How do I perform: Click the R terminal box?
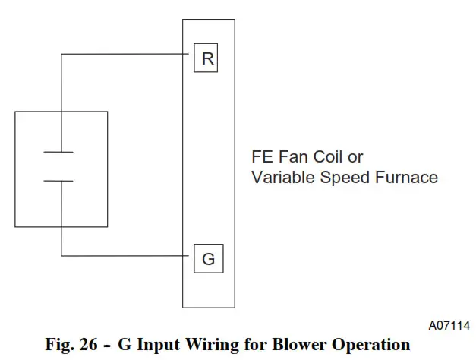tap(207, 59)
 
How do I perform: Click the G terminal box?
tap(207, 259)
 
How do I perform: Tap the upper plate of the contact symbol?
tap(58, 152)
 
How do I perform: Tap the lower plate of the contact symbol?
tap(58, 181)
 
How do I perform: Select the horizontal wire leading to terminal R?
tap(125, 54)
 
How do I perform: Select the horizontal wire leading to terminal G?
tap(125, 255)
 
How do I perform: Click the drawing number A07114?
tap(449, 325)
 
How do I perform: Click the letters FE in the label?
tap(260, 157)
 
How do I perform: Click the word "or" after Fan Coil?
tap(355, 157)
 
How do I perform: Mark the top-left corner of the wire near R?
tap(61, 54)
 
